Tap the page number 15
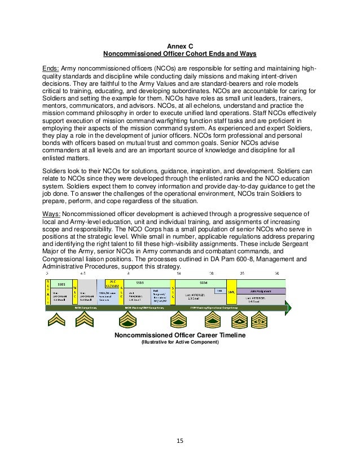[x=179, y=439]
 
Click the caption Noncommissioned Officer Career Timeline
[x=179, y=335]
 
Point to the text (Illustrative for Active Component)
[x=179, y=342]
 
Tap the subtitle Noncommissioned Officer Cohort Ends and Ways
[x=179, y=54]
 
